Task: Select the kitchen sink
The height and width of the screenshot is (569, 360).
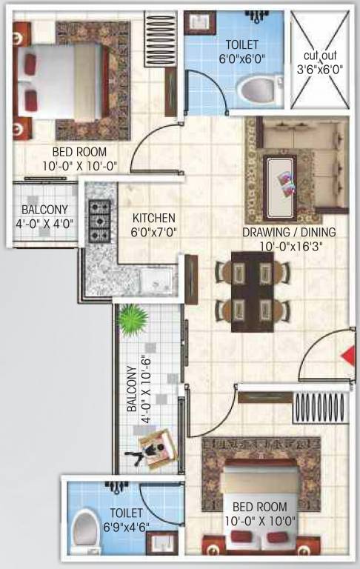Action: click(158, 280)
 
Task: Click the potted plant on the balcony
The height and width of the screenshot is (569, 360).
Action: click(133, 319)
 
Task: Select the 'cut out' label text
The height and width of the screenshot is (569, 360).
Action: click(320, 56)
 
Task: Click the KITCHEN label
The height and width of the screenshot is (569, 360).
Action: click(153, 218)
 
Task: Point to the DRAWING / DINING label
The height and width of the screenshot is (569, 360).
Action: click(289, 232)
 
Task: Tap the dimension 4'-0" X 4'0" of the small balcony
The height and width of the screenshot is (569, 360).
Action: click(46, 223)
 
